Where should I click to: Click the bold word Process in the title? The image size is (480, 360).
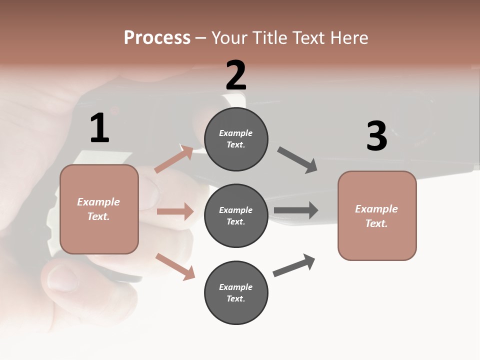pyautogui.click(x=157, y=37)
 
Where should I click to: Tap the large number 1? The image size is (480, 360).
pyautogui.click(x=99, y=128)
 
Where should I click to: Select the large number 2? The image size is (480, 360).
pyautogui.click(x=236, y=75)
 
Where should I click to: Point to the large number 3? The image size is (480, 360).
pyautogui.click(x=376, y=136)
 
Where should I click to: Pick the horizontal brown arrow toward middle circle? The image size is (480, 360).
pyautogui.click(x=175, y=211)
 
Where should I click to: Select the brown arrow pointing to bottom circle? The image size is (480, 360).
pyautogui.click(x=175, y=266)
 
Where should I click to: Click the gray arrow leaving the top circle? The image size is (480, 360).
pyautogui.click(x=297, y=160)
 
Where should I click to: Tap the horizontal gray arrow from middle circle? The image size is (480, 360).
pyautogui.click(x=295, y=210)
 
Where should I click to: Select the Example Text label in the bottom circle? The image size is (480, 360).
pyautogui.click(x=236, y=293)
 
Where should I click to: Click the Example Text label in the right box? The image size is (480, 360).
pyautogui.click(x=377, y=216)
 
